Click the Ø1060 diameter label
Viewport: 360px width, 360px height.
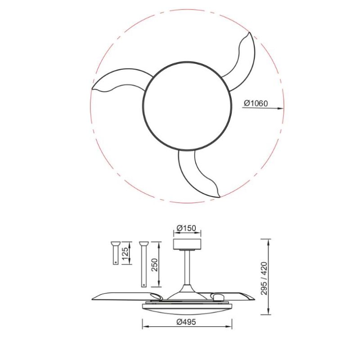256,103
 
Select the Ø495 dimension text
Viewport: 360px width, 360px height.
187,322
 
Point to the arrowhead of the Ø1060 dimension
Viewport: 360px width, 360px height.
281,108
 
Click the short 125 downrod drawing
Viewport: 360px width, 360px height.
115,252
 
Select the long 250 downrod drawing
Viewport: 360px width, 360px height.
144,263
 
